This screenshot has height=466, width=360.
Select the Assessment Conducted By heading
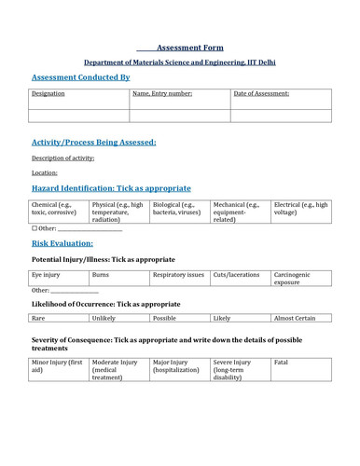(x=80, y=77)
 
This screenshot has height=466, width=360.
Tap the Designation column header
(x=48, y=93)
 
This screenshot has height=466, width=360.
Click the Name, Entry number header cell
(x=162, y=93)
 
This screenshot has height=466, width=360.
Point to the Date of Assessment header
(x=261, y=93)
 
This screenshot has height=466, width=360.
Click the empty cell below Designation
(x=77, y=116)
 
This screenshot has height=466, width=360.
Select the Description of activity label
(x=62, y=158)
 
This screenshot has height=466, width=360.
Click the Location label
(x=44, y=172)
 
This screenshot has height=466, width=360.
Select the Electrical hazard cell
(x=300, y=211)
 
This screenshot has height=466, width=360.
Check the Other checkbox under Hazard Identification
(x=35, y=228)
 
